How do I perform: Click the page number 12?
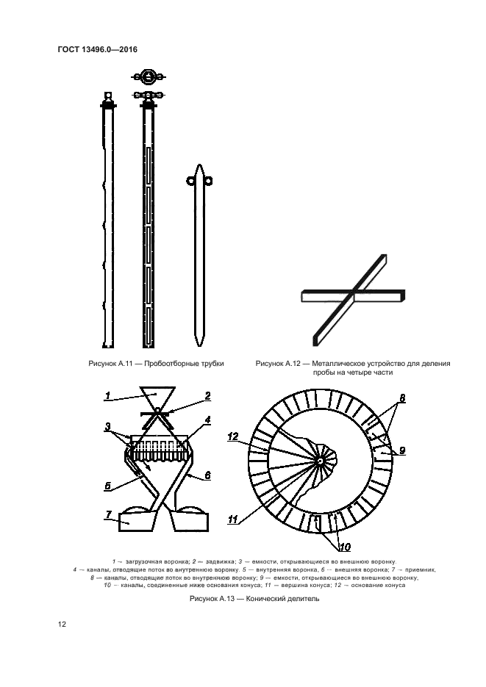(62, 624)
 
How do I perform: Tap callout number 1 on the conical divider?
(107, 396)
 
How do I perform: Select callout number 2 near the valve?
(208, 395)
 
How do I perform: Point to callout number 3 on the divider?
(108, 426)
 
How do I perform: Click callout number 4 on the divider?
(208, 420)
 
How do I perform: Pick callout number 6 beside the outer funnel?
(208, 476)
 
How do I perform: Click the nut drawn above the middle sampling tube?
(146, 76)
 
